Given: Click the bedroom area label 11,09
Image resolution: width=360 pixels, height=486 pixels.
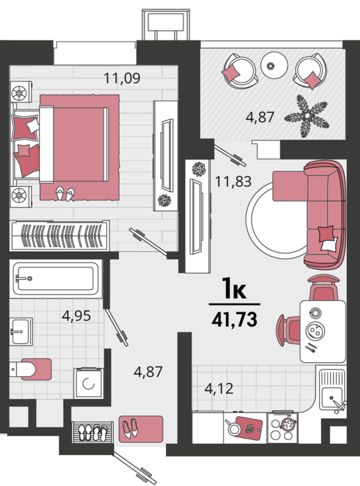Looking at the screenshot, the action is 122,78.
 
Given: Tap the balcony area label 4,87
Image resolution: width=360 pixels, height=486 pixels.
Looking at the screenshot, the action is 260,117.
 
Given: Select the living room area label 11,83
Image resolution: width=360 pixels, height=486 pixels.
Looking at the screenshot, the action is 233,181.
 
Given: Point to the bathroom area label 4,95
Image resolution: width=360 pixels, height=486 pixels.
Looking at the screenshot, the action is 76,316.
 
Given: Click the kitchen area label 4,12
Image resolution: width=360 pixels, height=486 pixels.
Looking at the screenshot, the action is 219,389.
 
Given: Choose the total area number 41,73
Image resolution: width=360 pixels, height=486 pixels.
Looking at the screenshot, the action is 234,319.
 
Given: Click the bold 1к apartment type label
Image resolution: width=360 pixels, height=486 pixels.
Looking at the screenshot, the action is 234,289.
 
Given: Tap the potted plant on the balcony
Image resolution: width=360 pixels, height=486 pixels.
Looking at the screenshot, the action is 307,116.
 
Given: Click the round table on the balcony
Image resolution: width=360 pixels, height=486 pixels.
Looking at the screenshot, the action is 274,65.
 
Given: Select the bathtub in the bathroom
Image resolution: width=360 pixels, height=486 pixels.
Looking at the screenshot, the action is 56,279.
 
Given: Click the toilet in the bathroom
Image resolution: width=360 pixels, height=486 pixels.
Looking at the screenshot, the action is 30,369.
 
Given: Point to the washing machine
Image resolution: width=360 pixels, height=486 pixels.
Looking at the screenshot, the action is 88,384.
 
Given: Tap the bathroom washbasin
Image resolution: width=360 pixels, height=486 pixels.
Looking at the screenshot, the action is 21,331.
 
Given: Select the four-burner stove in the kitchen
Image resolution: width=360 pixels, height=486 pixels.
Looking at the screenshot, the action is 282,427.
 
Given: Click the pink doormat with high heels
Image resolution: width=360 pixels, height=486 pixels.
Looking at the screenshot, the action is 141,429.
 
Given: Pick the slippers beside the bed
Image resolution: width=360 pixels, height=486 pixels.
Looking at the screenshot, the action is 65,194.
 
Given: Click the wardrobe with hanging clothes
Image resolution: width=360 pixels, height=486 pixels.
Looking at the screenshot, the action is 59,236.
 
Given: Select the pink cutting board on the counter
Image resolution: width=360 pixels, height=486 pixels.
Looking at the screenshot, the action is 249,428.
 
